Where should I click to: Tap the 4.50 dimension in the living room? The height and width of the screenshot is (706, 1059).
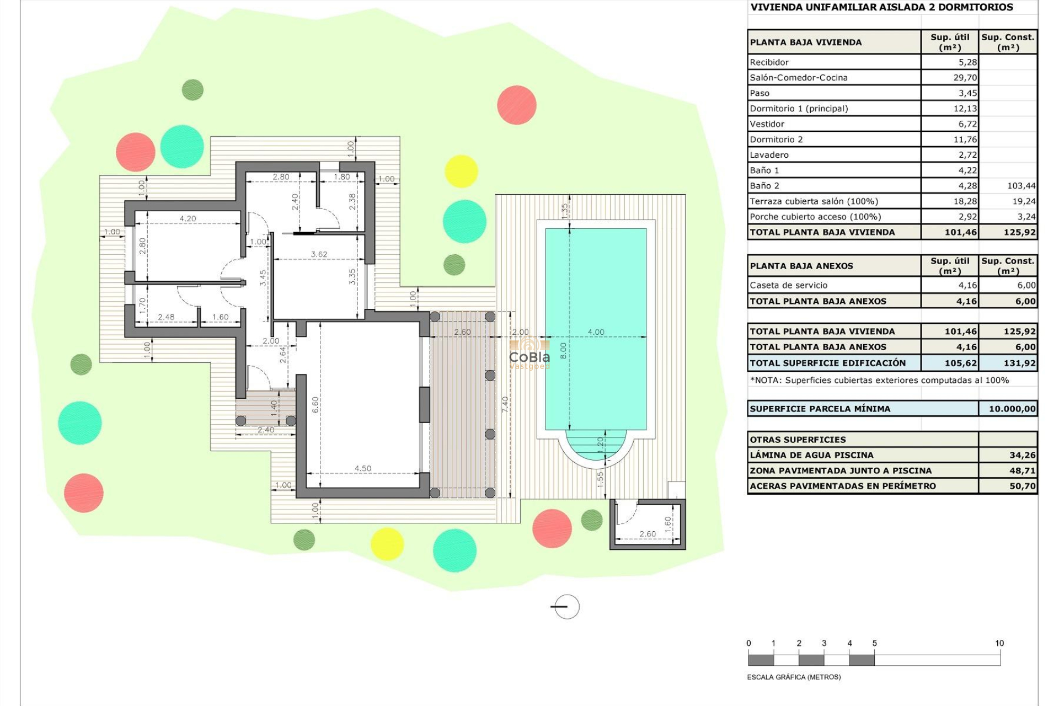coord(362,468)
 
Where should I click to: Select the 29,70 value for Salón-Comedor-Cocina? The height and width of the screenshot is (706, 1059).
coord(965,78)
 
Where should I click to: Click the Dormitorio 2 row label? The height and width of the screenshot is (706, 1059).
coord(776,140)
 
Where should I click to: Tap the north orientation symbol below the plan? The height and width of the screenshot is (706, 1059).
coord(566,607)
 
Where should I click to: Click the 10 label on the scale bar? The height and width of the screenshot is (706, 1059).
coord(999,643)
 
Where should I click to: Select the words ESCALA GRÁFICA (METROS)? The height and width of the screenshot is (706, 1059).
coord(793,677)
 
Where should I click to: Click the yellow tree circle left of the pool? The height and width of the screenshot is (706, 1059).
coord(461,172)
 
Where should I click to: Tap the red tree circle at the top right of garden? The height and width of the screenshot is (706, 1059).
coord(516,105)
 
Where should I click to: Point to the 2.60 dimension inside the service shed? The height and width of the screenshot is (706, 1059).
coord(647,534)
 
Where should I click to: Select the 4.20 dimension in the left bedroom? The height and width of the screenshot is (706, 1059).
coord(188,218)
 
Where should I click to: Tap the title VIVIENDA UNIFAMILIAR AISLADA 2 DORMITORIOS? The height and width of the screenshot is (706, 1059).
coord(881,7)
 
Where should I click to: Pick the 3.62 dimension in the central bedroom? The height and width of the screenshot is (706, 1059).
coord(319,254)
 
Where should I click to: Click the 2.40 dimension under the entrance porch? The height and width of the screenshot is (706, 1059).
coord(265,430)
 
